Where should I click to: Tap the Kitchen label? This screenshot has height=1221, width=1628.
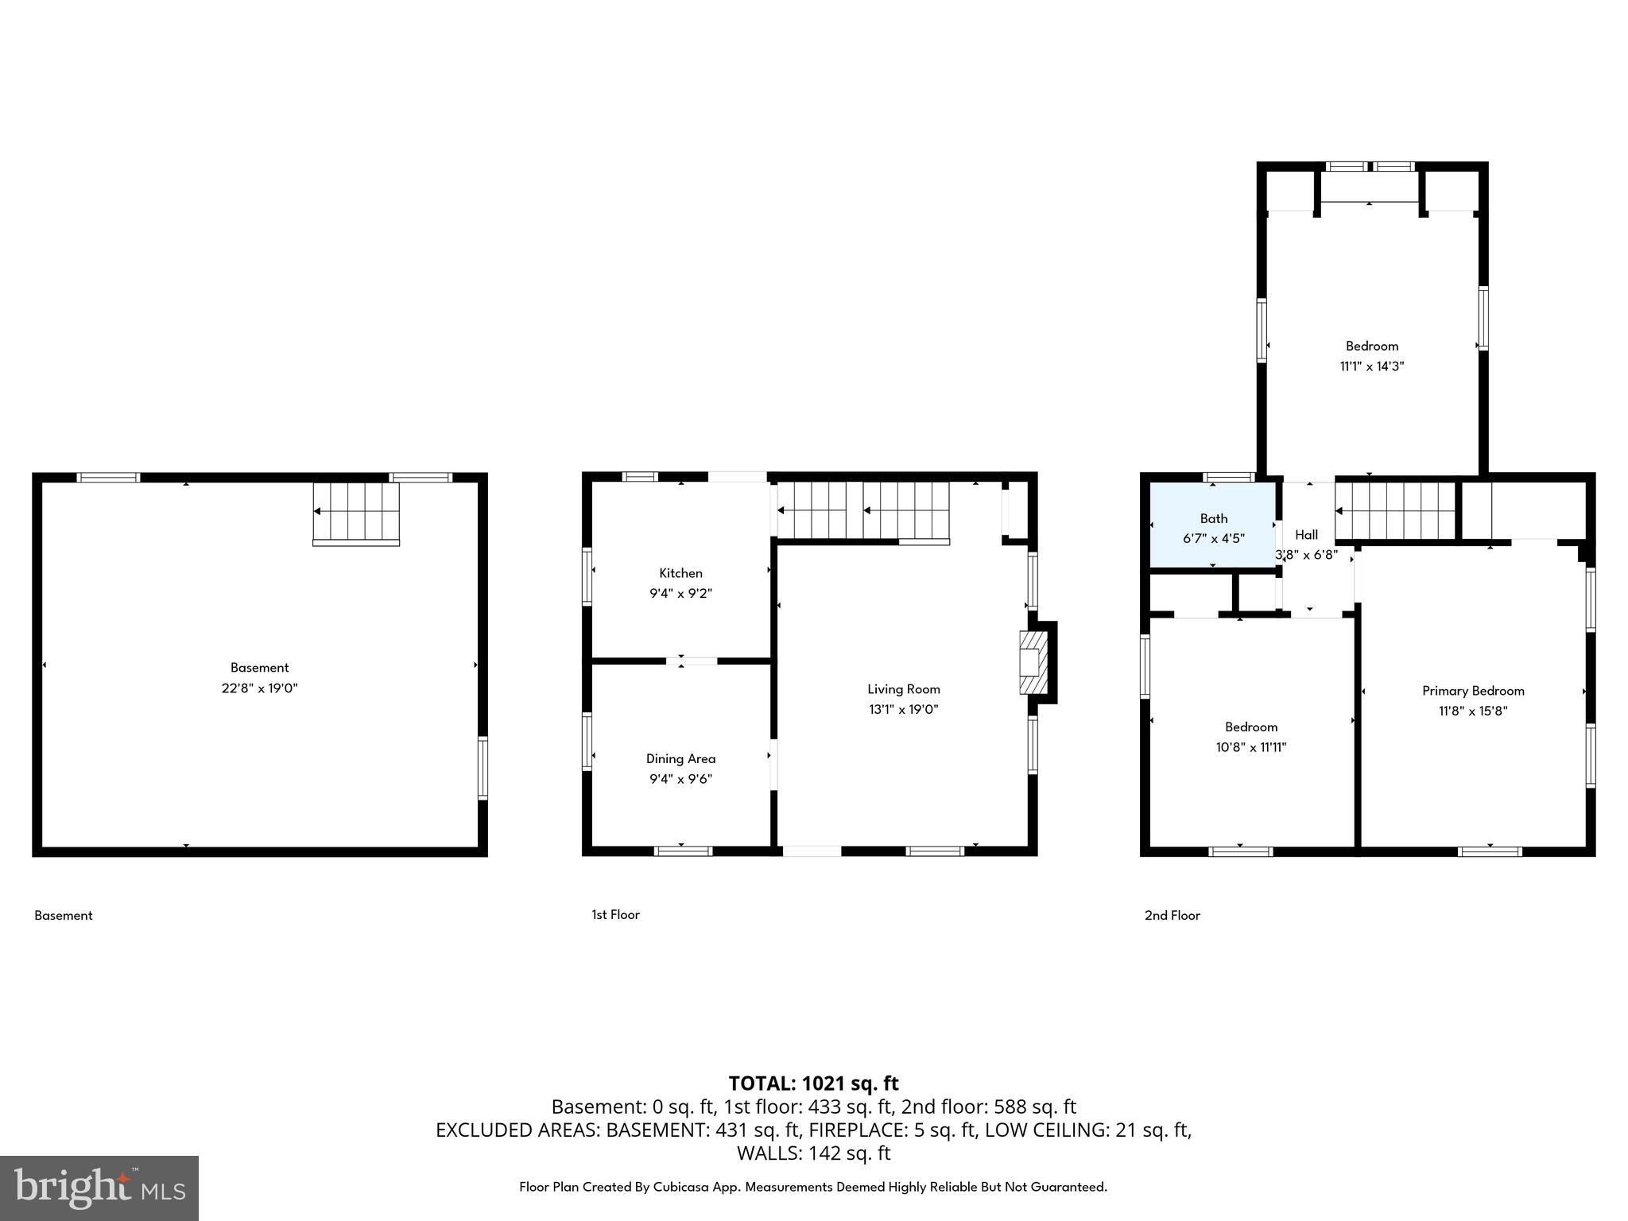(x=680, y=573)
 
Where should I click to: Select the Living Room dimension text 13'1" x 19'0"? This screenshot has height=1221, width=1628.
(x=903, y=710)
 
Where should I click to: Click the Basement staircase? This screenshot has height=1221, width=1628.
(x=355, y=513)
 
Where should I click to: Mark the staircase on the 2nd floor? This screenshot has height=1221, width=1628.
(x=1396, y=511)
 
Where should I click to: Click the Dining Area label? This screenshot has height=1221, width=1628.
(x=680, y=759)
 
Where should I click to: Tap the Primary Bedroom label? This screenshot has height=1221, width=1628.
(x=1473, y=691)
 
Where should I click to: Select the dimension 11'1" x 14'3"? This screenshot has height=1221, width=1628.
(x=1372, y=366)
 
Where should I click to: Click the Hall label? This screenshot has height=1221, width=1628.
(x=1306, y=535)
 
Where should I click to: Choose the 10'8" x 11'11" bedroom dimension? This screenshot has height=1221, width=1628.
(x=1251, y=747)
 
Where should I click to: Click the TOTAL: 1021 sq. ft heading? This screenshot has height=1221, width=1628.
(x=813, y=1083)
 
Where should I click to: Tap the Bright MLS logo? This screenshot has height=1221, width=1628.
(x=99, y=1188)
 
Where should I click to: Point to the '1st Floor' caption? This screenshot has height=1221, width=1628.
(x=615, y=915)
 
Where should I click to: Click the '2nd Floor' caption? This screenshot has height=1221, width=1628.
(x=1172, y=916)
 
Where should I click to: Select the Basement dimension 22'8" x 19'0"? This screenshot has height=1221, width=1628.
(x=259, y=688)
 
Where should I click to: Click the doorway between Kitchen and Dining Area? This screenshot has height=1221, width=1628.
(x=691, y=661)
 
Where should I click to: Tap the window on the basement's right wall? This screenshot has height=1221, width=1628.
(x=483, y=767)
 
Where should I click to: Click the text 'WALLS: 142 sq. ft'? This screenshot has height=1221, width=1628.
(x=813, y=1153)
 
